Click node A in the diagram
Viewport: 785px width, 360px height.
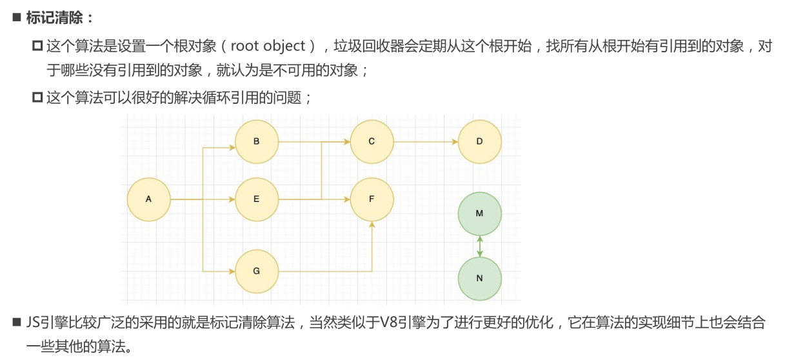(x=148, y=199)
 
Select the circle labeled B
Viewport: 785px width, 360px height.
(x=256, y=141)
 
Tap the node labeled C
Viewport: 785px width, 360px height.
(x=372, y=141)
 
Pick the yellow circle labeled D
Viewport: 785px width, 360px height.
(x=479, y=141)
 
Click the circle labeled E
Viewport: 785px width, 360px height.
(x=256, y=199)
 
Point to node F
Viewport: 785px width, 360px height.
(x=372, y=199)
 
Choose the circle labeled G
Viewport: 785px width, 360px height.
(x=256, y=272)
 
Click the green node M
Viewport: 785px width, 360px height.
(x=479, y=214)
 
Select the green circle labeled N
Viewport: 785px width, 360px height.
(x=479, y=279)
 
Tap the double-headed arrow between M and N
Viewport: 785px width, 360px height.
(x=479, y=246)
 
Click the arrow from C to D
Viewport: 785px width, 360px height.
(x=426, y=141)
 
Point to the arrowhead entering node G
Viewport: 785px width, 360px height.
(x=231, y=272)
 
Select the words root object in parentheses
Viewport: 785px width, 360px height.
(x=268, y=46)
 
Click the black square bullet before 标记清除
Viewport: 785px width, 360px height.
(x=17, y=17)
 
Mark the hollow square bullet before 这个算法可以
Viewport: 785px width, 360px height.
(x=37, y=98)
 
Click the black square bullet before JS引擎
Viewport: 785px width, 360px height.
(x=17, y=323)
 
